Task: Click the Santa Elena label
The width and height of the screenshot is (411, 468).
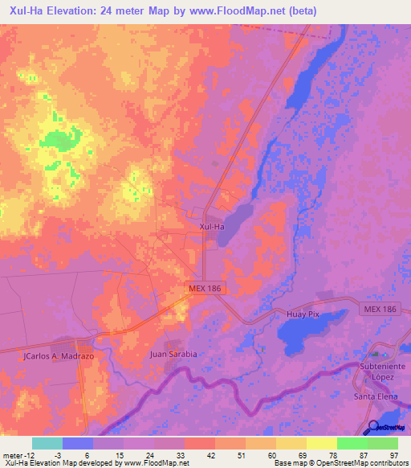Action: (376, 397)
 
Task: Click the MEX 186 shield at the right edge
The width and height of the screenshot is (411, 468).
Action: (391, 310)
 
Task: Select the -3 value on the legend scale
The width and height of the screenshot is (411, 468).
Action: (70, 454)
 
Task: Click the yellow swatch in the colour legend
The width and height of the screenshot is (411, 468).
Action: (322, 443)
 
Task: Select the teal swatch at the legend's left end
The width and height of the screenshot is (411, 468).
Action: (47, 443)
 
